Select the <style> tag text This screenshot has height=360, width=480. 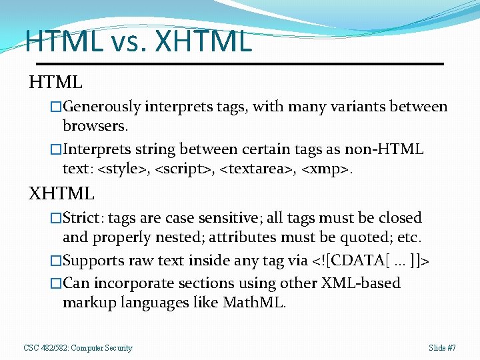(x=123, y=169)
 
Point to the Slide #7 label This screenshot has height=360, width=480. (x=443, y=348)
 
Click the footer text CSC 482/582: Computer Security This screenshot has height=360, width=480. (x=78, y=348)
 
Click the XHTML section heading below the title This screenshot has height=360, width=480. (x=61, y=194)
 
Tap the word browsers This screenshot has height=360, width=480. (x=93, y=126)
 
